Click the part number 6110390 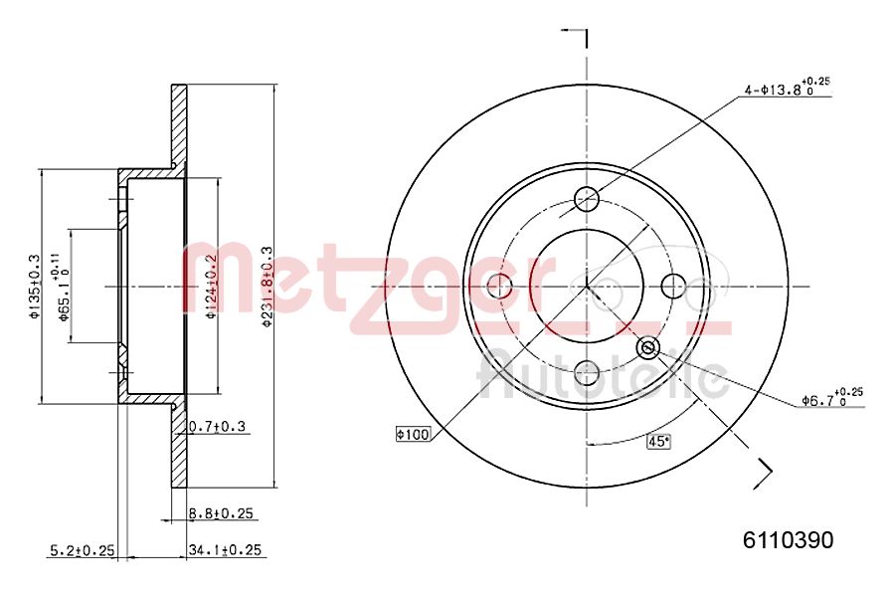789,540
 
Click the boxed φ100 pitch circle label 411,433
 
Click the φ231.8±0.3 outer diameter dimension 267,283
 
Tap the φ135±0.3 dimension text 34,287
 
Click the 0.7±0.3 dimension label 217,427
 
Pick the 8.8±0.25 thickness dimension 221,513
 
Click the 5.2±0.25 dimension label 83,549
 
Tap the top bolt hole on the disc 587,197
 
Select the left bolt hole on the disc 499,287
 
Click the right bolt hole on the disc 674,286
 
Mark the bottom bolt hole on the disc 587,373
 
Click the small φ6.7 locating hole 648,347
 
